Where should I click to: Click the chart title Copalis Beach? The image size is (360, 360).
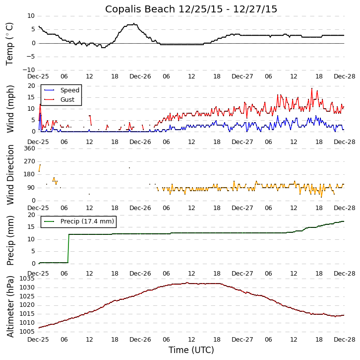[191, 9]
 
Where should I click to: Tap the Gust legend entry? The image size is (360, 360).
[67, 100]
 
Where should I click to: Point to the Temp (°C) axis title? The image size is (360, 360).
[10, 43]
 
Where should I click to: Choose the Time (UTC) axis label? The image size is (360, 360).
[191, 350]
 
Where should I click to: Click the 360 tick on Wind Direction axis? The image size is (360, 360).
[29, 148]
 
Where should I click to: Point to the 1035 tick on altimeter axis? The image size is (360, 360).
[28, 279]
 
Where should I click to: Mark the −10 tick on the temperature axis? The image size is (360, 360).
[28, 70]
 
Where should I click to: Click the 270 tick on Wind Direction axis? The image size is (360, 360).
[29, 161]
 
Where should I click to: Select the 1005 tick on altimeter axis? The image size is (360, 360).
[28, 332]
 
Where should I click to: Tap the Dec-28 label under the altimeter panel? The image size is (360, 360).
[344, 340]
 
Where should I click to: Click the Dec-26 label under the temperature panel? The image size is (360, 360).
[140, 76]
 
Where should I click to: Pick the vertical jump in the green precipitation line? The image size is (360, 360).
[68, 248]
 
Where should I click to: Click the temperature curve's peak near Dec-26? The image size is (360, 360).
[133, 24]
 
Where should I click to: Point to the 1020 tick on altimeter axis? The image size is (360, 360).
[28, 305]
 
